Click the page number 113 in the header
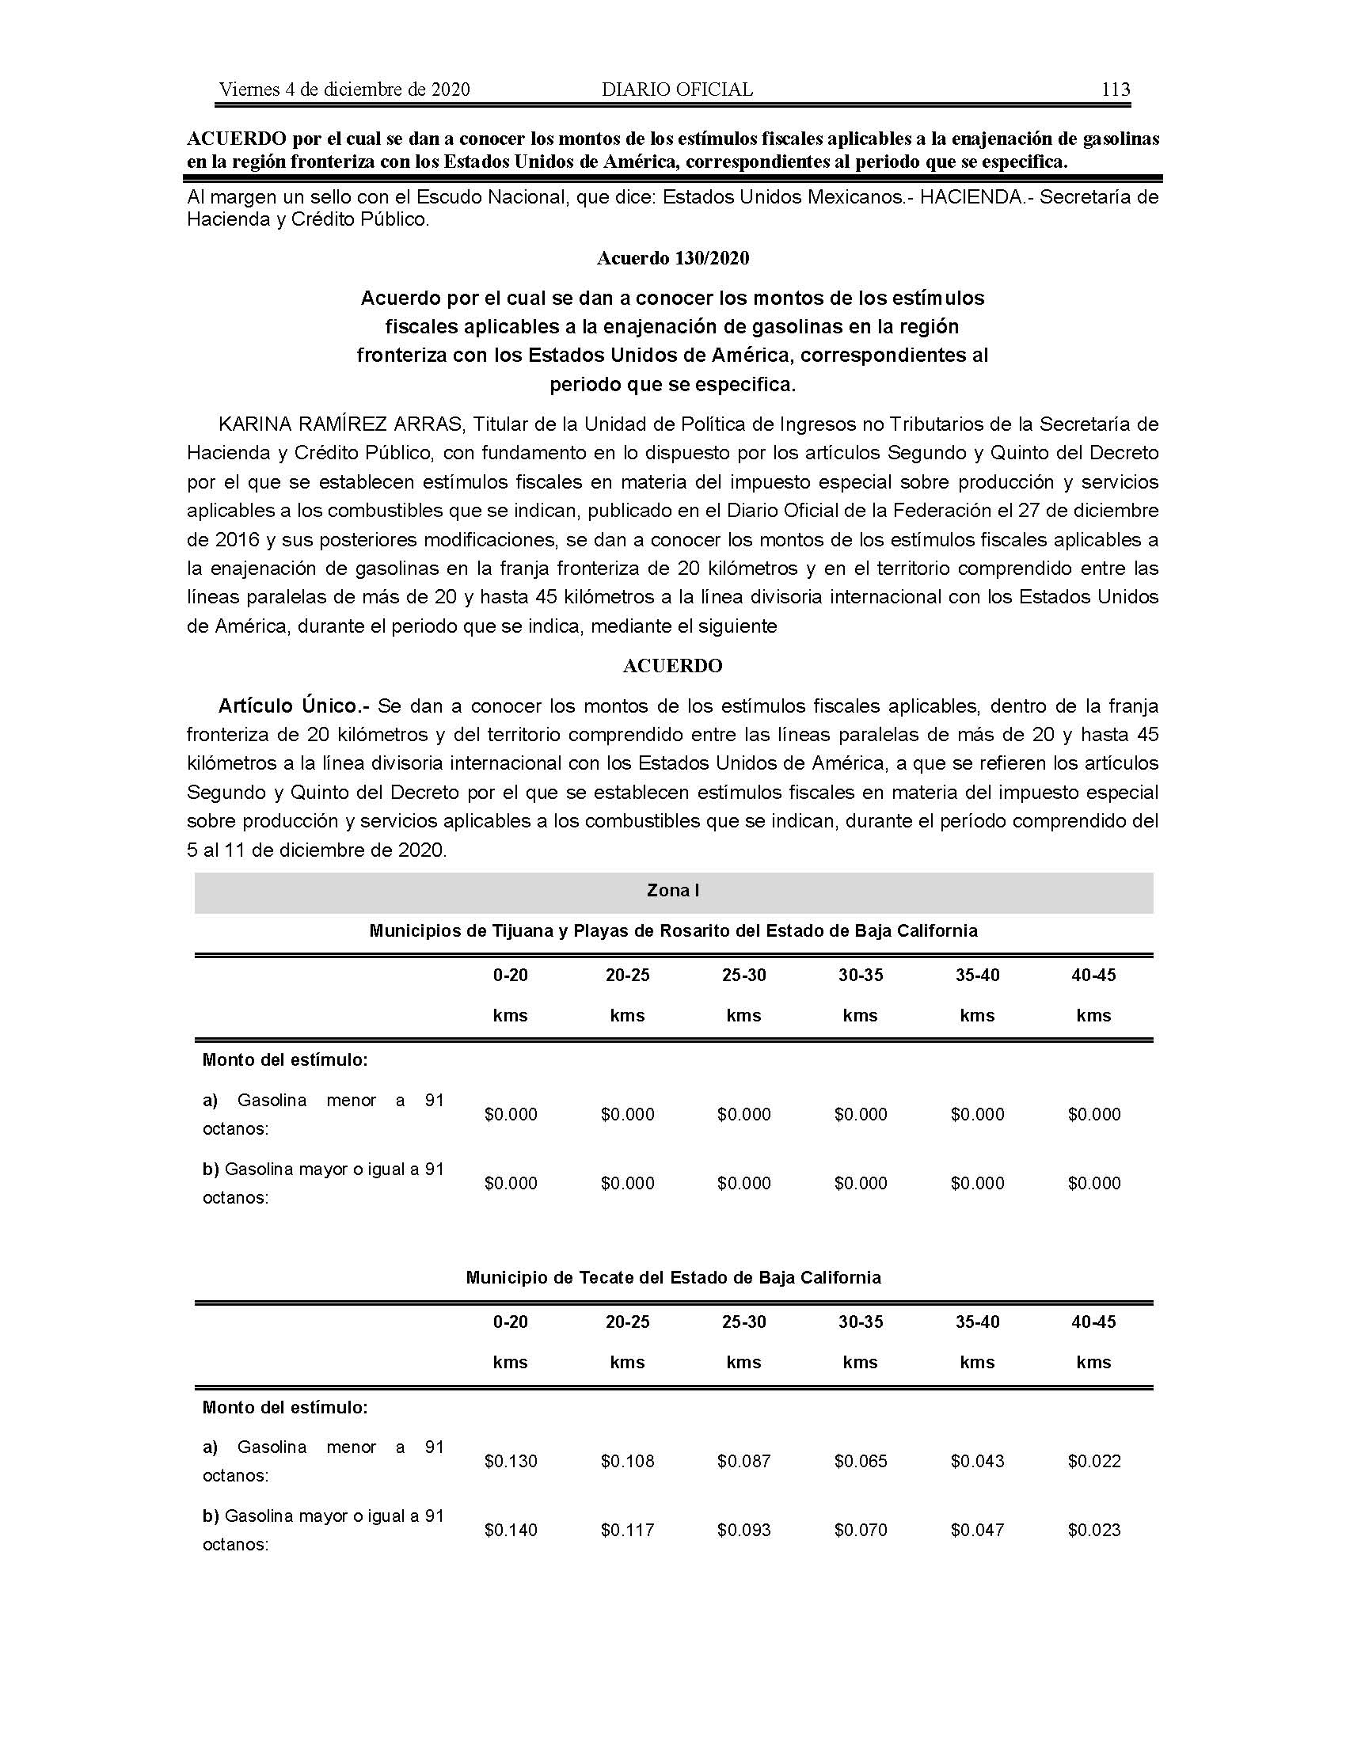coord(1115,89)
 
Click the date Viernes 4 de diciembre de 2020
coord(344,89)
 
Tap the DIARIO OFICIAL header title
coord(677,89)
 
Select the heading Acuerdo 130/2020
coord(672,257)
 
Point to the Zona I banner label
coord(672,890)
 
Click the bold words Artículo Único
coord(292,706)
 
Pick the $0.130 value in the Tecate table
coord(511,1461)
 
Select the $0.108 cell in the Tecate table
coord(627,1461)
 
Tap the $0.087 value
coord(743,1461)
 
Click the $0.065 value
coord(861,1461)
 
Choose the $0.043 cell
coord(977,1461)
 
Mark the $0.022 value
coord(1094,1461)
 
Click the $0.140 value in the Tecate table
coord(511,1530)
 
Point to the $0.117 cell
coord(627,1530)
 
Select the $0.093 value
coord(743,1530)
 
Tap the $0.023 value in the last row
coord(1094,1530)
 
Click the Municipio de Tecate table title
coord(673,1277)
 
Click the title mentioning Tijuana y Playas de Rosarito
coord(673,930)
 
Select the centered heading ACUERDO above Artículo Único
coord(672,666)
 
